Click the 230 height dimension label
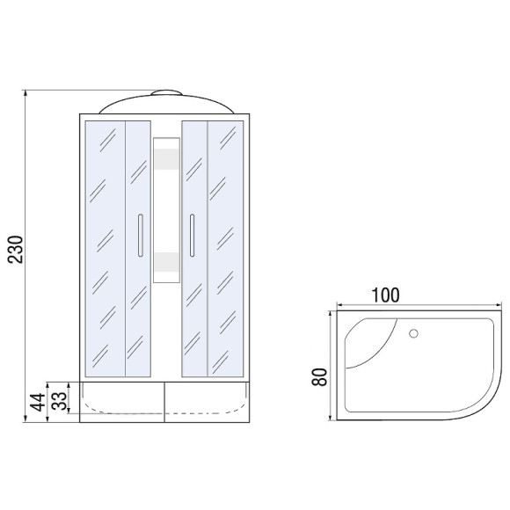(x=16, y=249)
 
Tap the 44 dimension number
(x=38, y=402)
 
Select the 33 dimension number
(x=59, y=401)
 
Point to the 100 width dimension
(x=385, y=295)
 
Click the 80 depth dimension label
(x=319, y=377)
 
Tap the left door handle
(x=141, y=235)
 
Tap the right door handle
(x=193, y=235)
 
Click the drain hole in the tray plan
(x=413, y=333)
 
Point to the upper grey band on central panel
(x=166, y=159)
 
